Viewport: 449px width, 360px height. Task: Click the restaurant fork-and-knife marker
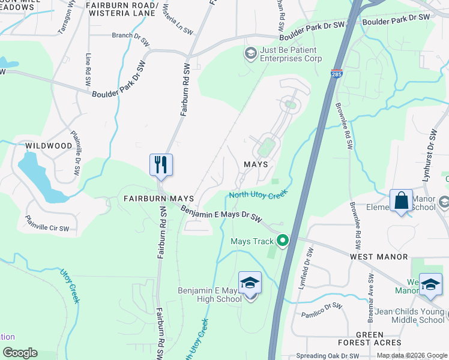[161, 165]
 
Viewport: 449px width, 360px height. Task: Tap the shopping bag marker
[401, 201]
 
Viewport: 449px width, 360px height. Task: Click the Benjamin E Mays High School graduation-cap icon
[250, 283]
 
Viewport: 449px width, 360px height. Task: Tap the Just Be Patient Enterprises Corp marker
[250, 54]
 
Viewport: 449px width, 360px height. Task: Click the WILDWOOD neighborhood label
[49, 146]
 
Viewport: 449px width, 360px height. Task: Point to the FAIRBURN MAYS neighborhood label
[150, 198]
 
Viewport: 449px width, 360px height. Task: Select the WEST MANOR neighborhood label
[379, 257]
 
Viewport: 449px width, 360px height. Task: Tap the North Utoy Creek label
[259, 194]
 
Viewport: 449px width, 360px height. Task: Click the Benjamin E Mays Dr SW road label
[222, 212]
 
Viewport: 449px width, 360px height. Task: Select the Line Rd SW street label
[89, 67]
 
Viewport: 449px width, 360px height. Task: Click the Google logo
[20, 353]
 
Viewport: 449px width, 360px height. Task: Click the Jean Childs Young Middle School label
[411, 316]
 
